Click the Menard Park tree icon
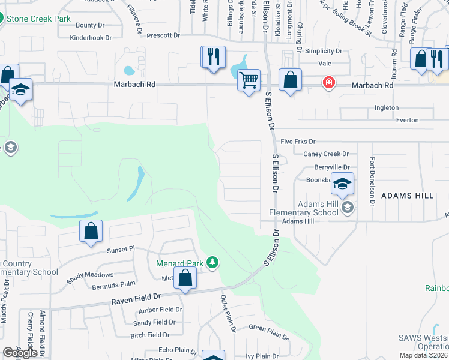[x=212, y=262]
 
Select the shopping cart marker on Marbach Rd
[x=249, y=79]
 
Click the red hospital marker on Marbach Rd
[x=328, y=83]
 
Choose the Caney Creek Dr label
[x=326, y=154]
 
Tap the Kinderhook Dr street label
[x=91, y=37]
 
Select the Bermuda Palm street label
[x=114, y=286]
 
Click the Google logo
[x=20, y=353]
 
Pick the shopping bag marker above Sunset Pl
[x=91, y=231]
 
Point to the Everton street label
[x=407, y=120]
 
